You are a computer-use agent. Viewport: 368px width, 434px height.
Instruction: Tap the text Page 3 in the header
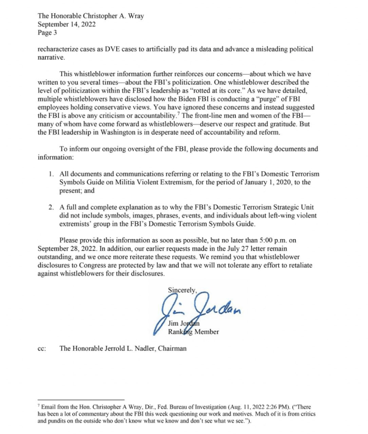tap(47, 32)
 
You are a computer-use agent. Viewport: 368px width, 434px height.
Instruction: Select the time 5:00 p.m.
tap(283, 240)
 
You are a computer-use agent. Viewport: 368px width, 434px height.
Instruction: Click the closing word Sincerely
tap(183, 290)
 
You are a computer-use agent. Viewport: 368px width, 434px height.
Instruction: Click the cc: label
tap(42, 349)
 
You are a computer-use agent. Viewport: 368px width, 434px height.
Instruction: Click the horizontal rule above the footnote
tap(81, 399)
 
